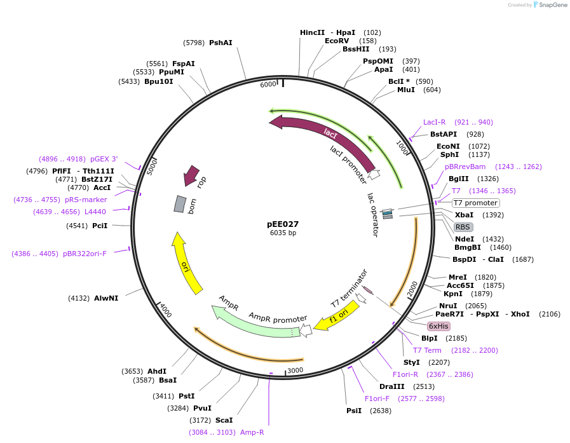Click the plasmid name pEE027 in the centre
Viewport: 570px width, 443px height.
(283, 224)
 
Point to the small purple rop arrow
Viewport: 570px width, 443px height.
(191, 176)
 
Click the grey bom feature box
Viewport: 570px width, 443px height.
(180, 204)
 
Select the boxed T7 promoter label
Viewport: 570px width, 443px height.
(475, 203)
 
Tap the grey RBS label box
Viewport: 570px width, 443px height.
(463, 227)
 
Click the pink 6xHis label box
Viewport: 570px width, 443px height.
(438, 326)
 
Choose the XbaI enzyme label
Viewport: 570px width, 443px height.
(465, 215)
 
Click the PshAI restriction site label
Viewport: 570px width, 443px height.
(221, 43)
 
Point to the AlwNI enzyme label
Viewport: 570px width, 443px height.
(106, 298)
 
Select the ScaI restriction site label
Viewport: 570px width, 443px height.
(224, 420)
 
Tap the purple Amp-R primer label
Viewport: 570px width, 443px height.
(252, 432)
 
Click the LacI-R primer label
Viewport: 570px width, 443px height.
(435, 122)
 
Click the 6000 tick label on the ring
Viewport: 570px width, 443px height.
(269, 85)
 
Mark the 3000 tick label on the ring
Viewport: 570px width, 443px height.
(295, 370)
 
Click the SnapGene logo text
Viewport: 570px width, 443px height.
(550, 5)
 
